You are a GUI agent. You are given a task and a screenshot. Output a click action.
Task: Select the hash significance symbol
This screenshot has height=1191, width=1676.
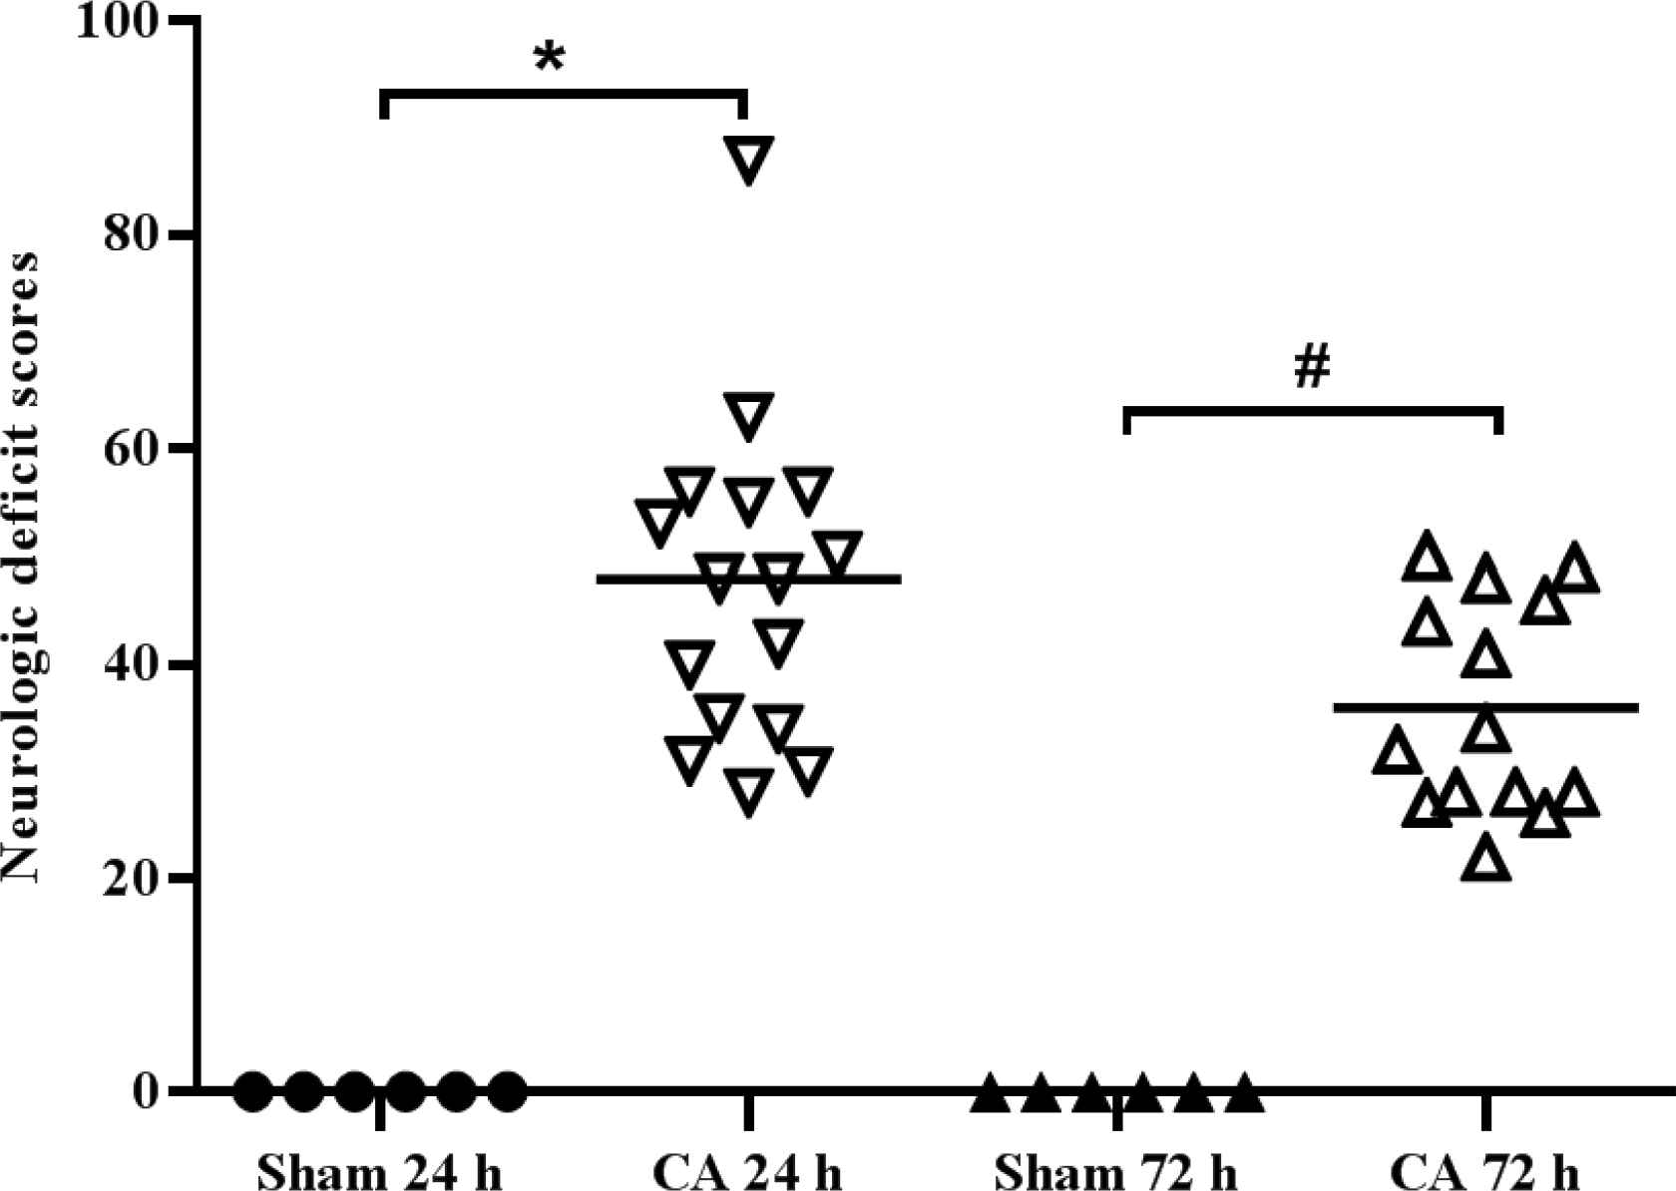[1312, 368]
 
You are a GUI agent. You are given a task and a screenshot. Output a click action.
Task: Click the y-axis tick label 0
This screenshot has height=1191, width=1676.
[147, 1092]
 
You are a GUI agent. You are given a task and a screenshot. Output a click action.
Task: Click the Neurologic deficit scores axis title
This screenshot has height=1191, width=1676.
[22, 567]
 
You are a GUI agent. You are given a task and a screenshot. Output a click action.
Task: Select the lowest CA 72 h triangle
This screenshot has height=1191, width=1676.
[1486, 859]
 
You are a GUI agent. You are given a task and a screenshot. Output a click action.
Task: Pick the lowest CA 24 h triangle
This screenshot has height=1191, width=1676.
[748, 792]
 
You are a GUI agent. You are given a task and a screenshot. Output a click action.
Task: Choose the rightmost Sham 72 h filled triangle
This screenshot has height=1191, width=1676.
[1243, 1094]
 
